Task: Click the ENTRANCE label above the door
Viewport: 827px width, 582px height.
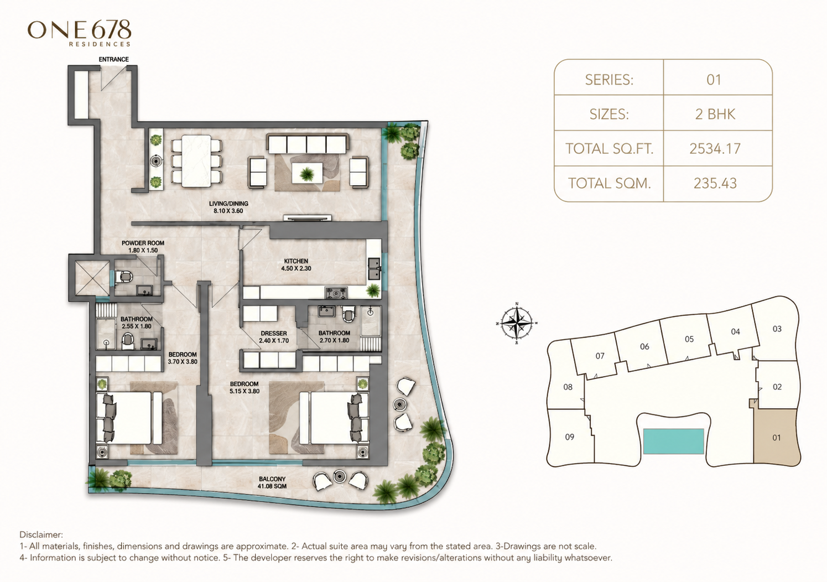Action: [x=114, y=59]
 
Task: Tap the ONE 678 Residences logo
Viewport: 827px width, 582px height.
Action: [x=79, y=33]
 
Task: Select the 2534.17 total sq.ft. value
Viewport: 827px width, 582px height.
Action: [x=715, y=148]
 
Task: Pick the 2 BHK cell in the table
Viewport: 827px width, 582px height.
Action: [x=715, y=114]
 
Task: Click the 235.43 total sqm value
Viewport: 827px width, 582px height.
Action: [x=715, y=183]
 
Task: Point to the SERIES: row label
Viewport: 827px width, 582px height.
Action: [x=609, y=80]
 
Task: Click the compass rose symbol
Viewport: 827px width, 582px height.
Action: [x=517, y=323]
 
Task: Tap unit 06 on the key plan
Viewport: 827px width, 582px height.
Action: [x=644, y=346]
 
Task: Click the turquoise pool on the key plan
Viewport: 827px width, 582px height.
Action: [x=673, y=441]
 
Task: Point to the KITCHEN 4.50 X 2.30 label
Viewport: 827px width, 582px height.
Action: [x=296, y=265]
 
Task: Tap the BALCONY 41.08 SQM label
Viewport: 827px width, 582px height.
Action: [x=272, y=482]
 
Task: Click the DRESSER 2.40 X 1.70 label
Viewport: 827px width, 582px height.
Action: [x=274, y=337]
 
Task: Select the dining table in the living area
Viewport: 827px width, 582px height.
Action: [x=196, y=161]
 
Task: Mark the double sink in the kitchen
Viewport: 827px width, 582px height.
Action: [x=375, y=268]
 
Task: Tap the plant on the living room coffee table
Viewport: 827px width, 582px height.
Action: [x=307, y=173]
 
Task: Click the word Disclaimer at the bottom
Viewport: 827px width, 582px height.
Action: [x=41, y=534]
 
